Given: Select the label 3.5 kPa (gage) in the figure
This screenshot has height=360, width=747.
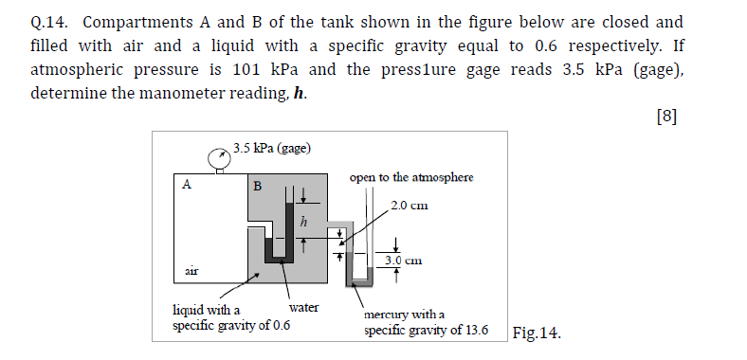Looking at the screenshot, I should [x=272, y=148].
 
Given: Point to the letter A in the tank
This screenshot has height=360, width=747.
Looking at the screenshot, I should [x=188, y=185].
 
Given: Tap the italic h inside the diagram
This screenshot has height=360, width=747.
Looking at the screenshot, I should [x=302, y=222].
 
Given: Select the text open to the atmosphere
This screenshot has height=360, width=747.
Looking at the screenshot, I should [x=410, y=177].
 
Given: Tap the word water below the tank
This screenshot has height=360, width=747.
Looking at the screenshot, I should [x=303, y=308].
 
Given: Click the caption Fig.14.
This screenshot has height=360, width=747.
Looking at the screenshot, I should [x=536, y=333].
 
